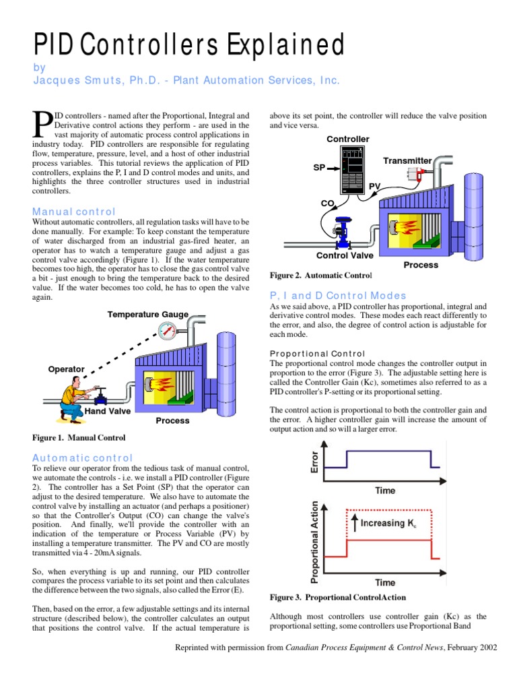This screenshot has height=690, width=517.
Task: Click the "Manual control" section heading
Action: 74,212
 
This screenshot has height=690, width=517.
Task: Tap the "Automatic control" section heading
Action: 83,458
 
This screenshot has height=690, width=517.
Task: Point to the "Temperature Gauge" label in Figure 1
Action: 148,315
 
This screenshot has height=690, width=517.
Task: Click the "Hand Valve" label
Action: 107,410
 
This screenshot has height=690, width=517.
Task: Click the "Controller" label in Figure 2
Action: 348,139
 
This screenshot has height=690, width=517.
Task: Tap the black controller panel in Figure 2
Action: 353,171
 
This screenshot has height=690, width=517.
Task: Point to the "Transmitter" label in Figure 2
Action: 407,160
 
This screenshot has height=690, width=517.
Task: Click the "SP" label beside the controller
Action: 320,167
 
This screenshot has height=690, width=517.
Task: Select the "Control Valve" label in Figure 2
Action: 346,255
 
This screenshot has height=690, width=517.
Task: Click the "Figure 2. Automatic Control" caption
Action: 320,276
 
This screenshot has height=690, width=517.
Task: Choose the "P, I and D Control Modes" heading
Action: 338,296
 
